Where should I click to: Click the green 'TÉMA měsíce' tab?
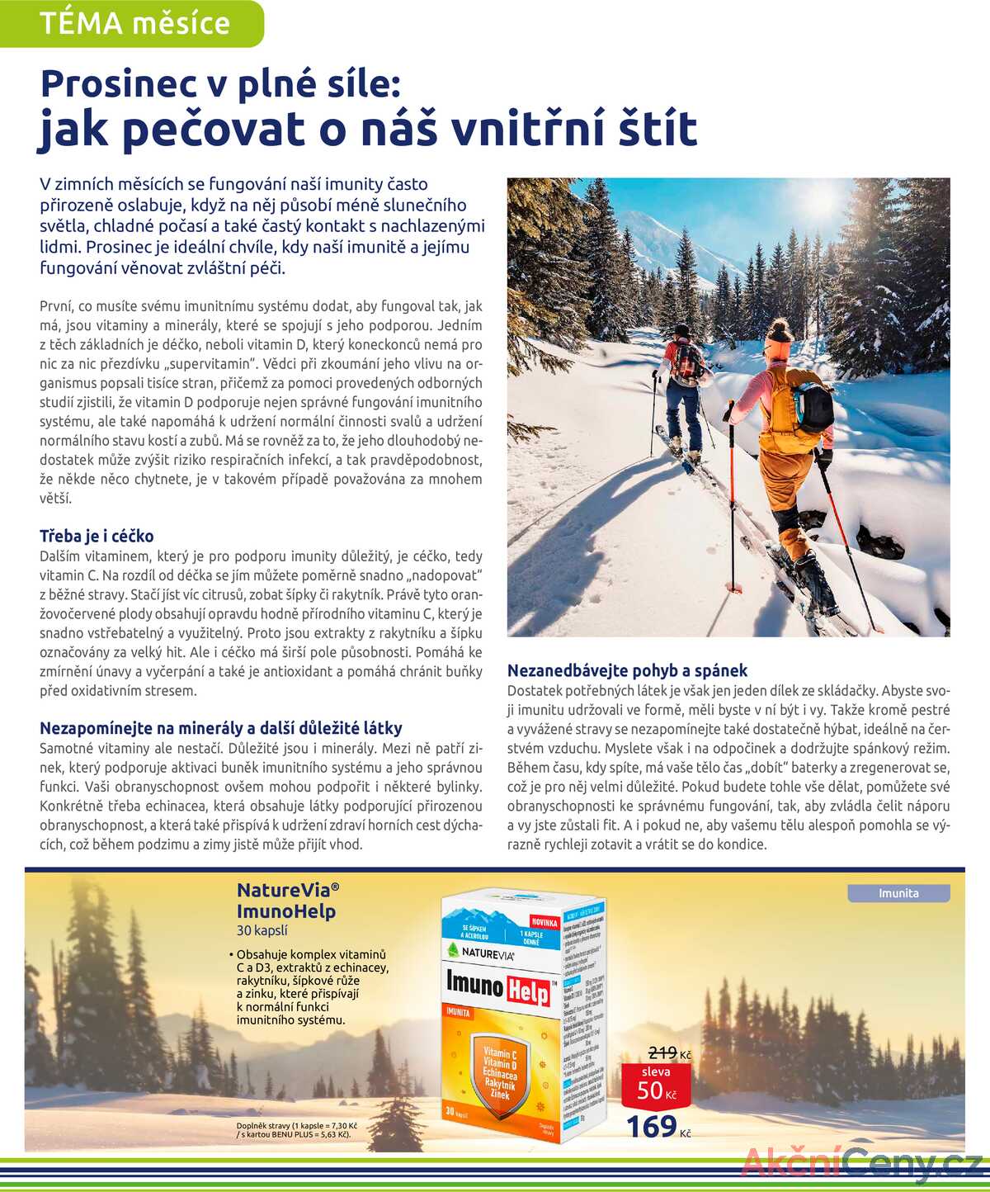pyautogui.click(x=134, y=23)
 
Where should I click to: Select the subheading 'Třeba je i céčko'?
pyautogui.click(x=97, y=536)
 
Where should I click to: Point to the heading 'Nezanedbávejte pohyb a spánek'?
pyautogui.click(x=627, y=670)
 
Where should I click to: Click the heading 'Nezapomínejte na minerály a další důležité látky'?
pyautogui.click(x=221, y=728)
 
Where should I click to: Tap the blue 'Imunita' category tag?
pyautogui.click(x=898, y=893)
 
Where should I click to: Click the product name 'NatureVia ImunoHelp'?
pyautogui.click(x=286, y=901)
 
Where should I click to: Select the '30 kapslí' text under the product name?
pyautogui.click(x=262, y=930)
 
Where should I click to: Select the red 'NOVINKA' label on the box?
pyautogui.click(x=544, y=922)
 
